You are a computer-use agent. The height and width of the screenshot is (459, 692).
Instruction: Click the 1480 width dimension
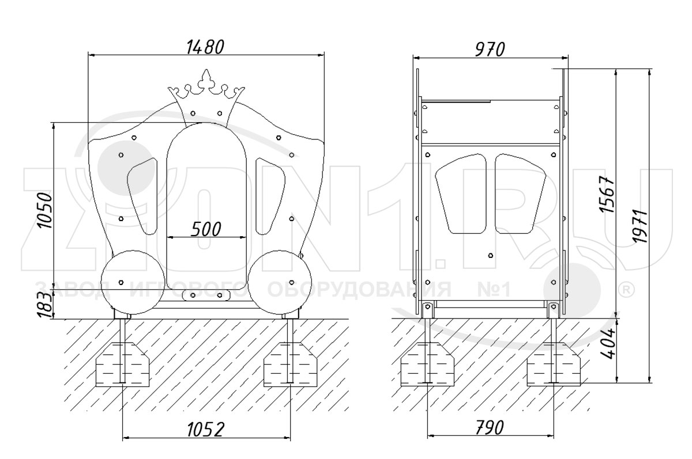(x=205, y=47)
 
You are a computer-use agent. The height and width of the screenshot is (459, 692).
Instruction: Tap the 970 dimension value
(x=490, y=50)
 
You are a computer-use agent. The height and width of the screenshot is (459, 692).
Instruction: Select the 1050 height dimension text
(x=46, y=211)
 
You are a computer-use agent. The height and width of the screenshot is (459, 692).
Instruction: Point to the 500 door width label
(x=206, y=229)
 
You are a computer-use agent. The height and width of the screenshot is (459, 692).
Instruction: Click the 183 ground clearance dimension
(x=45, y=305)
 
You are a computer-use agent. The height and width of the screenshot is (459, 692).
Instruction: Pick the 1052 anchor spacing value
(x=205, y=430)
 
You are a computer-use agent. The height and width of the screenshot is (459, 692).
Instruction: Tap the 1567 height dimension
(x=607, y=194)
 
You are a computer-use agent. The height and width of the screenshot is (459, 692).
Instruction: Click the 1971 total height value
(x=639, y=226)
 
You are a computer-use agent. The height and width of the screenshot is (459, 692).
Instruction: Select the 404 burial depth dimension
(x=607, y=344)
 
